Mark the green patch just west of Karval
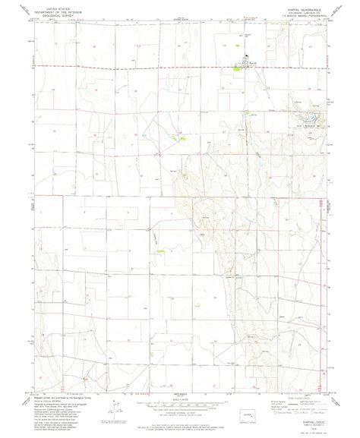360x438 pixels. [x=236, y=69]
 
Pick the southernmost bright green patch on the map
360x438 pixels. [x=160, y=251]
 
